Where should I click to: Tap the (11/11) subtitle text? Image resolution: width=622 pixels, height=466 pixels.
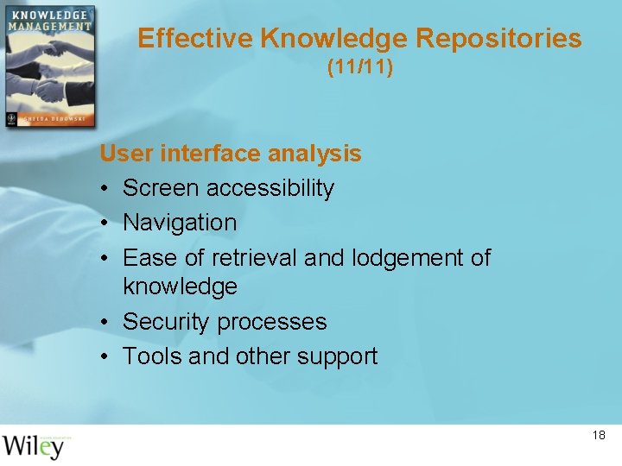pos(359,67)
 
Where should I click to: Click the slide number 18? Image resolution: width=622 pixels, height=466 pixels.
pos(599,436)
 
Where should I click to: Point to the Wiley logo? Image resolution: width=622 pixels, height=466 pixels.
pos(34,445)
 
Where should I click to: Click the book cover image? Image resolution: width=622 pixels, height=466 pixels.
pos(48,66)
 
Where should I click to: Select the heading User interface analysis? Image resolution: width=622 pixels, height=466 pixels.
pos(231,154)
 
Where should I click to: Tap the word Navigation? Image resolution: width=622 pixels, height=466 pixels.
pos(180,223)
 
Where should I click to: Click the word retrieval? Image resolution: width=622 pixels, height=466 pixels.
pos(256,257)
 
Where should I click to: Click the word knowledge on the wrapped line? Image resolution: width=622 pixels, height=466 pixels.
pos(180,287)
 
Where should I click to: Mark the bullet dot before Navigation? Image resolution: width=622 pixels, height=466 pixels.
pos(104,223)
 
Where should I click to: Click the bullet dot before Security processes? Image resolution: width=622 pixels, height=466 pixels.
pos(104,322)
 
